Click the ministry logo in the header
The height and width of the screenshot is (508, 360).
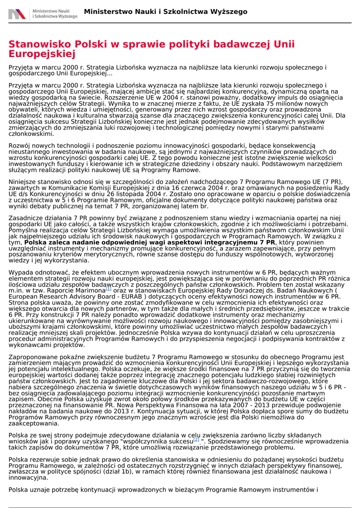point(43,13)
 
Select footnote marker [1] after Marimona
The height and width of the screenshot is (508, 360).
point(109,288)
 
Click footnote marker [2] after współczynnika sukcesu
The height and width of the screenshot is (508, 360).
point(196,439)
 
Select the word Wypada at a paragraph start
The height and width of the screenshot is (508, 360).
point(21,272)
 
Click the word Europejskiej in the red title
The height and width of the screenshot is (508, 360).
point(42,54)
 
